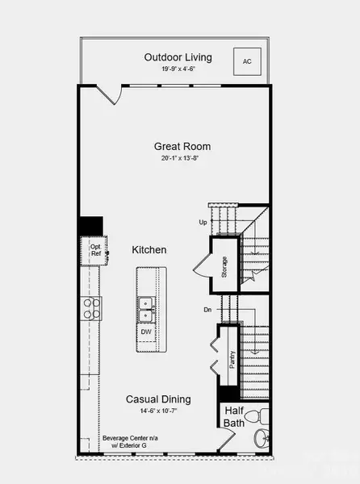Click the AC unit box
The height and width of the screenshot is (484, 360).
246,60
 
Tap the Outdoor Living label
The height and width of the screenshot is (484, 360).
178,57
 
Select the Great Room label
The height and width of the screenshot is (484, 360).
182,146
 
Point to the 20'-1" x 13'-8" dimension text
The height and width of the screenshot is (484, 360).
182,158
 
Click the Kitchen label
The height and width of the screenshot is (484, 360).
149,250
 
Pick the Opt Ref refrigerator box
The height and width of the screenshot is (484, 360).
95,250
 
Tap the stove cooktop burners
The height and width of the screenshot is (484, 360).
91,307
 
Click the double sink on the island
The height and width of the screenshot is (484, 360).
147,304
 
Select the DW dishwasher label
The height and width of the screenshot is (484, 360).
146,332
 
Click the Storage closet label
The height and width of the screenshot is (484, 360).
224,267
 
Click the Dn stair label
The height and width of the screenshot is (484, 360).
207,309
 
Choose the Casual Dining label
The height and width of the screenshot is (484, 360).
158,399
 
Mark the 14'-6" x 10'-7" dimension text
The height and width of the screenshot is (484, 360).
158,411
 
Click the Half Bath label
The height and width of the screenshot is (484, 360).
235,416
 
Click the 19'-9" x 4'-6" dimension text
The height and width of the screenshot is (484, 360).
178,69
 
